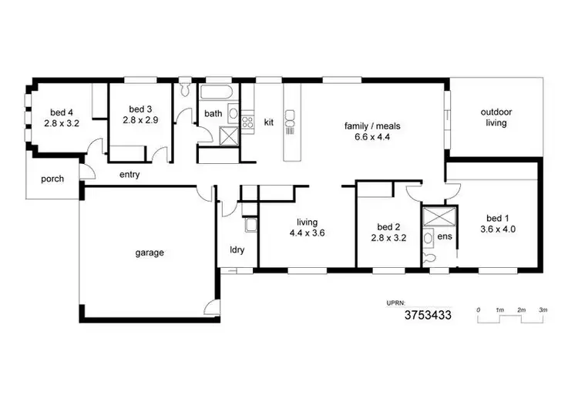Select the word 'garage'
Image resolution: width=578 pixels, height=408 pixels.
click(150, 252)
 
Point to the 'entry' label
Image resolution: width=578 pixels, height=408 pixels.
click(129, 175)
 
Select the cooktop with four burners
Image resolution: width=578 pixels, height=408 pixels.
click(248, 121)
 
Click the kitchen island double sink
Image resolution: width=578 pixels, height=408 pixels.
click(291, 120)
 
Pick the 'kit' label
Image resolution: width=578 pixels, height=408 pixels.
click(269, 122)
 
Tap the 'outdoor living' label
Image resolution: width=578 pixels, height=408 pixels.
click(497, 117)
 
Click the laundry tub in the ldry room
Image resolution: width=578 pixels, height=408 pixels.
click(250, 225)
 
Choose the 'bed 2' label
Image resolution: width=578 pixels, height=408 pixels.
click(388, 227)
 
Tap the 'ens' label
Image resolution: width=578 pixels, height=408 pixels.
click(445, 237)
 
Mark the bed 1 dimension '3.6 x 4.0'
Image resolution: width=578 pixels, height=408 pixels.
click(497, 229)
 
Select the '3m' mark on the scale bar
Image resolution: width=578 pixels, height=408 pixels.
click(543, 309)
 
